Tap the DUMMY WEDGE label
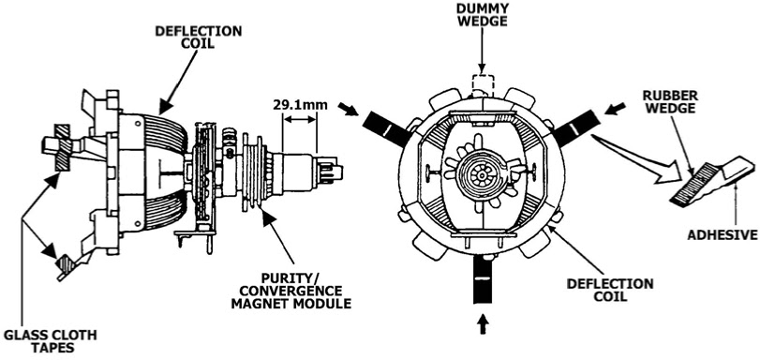[483, 15]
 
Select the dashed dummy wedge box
[483, 85]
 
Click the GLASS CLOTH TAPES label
[50, 341]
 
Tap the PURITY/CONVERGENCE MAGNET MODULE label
[291, 292]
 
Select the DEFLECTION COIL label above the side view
[199, 37]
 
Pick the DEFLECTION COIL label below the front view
[610, 290]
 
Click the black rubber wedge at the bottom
[483, 280]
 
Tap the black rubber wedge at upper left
[387, 128]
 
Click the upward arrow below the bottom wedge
[483, 324]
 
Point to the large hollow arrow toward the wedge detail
[639, 161]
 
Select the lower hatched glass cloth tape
[65, 265]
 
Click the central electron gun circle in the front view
[482, 174]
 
